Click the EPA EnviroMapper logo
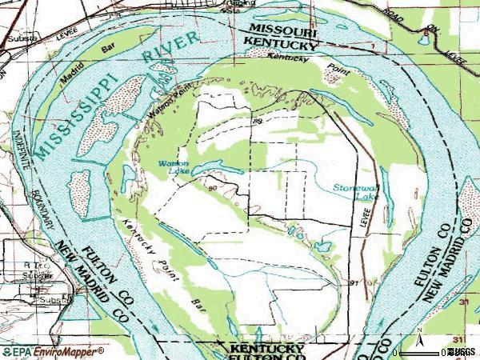(53, 352)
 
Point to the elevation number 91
(354, 283)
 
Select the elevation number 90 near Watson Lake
(211, 189)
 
